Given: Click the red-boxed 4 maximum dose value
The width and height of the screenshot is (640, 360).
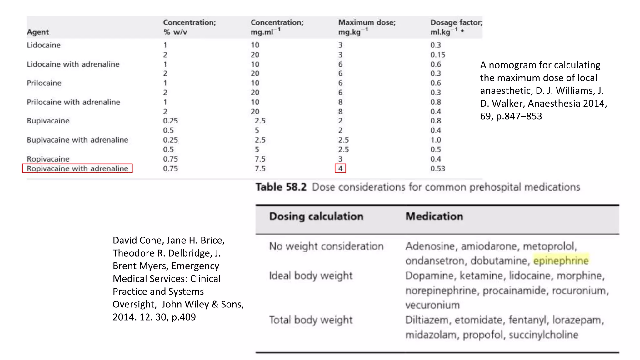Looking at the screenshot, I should coord(340,168).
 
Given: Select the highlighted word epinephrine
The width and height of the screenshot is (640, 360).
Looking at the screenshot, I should coord(561,261).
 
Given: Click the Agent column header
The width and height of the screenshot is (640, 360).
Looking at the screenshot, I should coord(38,32).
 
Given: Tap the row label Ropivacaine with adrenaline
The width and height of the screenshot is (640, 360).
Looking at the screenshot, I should coord(77,168).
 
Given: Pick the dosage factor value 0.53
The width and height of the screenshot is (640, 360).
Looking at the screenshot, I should coord(437,168).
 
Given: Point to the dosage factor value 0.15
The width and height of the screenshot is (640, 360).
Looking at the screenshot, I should coord(437,55).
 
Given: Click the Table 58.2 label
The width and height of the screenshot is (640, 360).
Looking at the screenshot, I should coord(281,187).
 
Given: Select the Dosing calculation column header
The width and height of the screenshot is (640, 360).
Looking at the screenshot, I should coord(316,217).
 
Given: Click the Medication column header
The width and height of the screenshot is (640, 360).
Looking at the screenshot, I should coord(434,217).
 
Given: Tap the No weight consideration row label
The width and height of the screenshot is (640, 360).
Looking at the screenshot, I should coord(326,246).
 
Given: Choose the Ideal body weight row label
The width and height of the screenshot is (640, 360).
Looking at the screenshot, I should coord(311,276).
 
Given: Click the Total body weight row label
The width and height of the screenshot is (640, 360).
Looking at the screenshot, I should coord(311,320).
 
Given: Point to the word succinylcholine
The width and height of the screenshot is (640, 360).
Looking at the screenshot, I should coord(543,335).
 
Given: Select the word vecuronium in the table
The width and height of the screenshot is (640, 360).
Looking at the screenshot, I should coord(432,305).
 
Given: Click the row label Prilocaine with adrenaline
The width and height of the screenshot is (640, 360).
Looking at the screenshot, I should coord(73,102).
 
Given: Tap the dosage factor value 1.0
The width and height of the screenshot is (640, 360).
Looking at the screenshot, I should coord(436,140).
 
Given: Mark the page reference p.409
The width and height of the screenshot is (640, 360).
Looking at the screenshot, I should coord(184,317).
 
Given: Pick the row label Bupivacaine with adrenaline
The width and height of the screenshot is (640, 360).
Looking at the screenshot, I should coord(77,140).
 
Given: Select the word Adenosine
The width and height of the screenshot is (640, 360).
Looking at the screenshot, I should coord(430,246).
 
